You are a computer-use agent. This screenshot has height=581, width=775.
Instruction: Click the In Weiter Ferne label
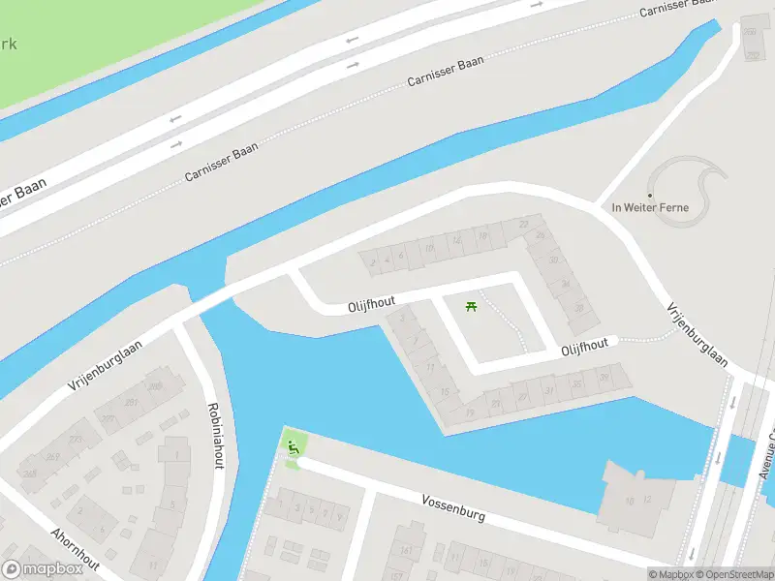(649, 207)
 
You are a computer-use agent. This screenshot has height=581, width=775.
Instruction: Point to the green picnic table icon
(472, 306)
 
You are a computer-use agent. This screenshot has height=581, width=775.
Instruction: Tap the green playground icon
(294, 446)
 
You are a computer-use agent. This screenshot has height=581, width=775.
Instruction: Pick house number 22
(524, 225)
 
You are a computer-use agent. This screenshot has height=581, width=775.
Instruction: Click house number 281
(131, 402)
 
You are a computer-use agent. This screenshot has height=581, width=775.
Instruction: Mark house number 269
(53, 457)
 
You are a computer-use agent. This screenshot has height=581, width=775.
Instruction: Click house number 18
(482, 234)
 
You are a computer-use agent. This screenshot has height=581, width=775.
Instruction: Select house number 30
(554, 260)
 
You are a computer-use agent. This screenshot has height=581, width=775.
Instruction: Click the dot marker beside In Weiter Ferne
(649, 195)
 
